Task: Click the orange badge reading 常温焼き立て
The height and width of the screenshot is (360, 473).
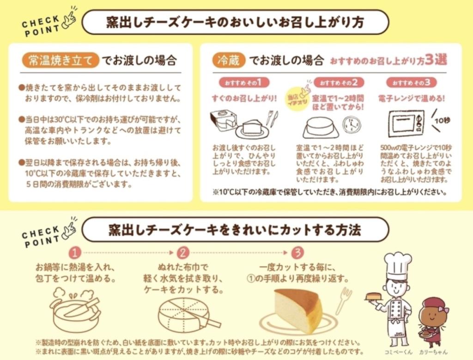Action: pyautogui.click(x=61, y=60)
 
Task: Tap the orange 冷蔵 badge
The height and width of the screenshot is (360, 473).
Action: pyautogui.click(x=228, y=60)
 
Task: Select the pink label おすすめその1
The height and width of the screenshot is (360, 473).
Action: pyautogui.click(x=244, y=82)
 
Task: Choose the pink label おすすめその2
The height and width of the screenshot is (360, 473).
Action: pyautogui.click(x=339, y=82)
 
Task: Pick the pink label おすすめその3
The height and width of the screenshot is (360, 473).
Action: pyautogui.click(x=411, y=82)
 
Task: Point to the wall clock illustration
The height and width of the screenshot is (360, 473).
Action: pyautogui.click(x=352, y=125)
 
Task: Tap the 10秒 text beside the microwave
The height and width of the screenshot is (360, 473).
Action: pyautogui.click(x=443, y=120)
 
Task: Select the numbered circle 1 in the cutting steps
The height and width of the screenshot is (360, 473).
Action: pyautogui.click(x=75, y=252)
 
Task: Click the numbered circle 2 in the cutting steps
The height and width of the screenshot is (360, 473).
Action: pyautogui.click(x=183, y=252)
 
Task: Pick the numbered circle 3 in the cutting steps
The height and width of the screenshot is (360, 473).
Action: pyautogui.click(x=298, y=252)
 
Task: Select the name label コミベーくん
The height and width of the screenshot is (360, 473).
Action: pyautogui.click(x=398, y=352)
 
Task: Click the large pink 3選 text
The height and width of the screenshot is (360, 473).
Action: pyautogui.click(x=436, y=60)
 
